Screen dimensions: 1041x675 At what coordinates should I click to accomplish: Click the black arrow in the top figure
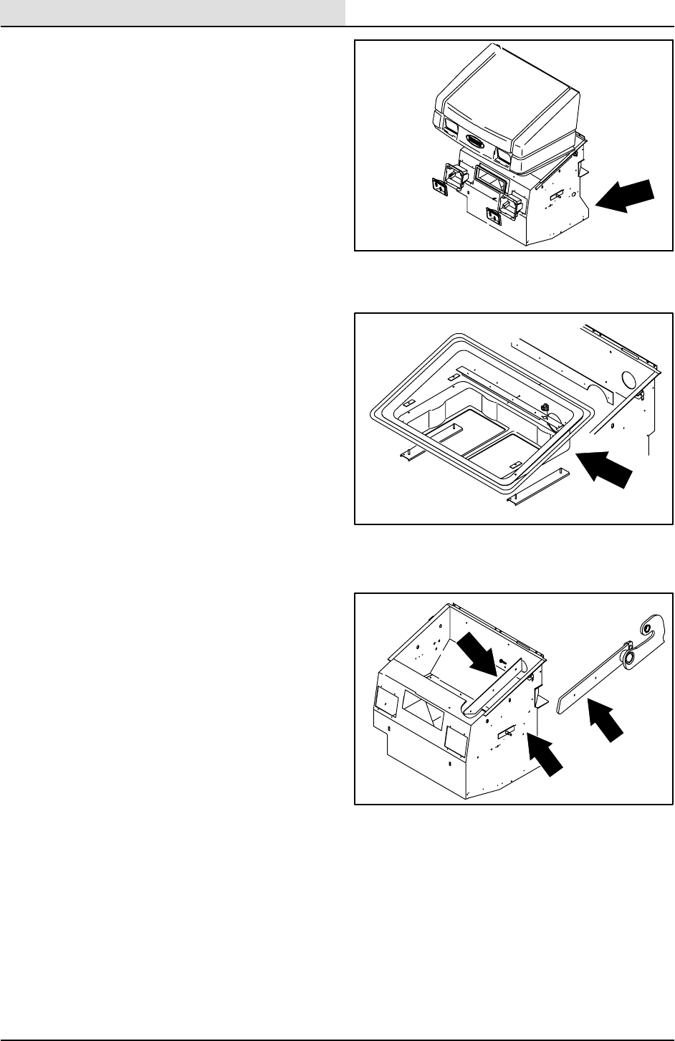625,196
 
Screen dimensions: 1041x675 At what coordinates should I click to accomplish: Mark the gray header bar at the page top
173,12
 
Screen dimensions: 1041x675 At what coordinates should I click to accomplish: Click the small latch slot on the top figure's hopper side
555,194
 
